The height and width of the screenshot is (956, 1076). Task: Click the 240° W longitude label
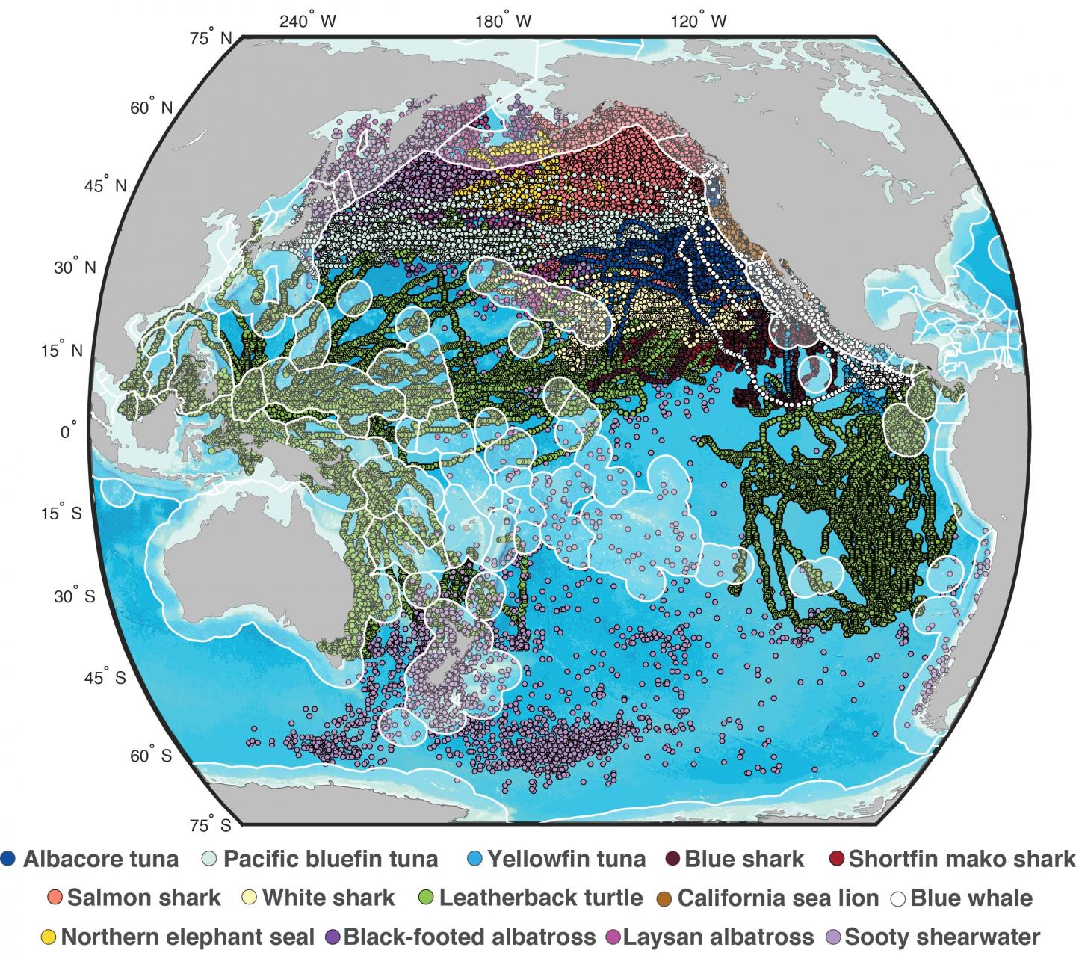click(x=308, y=21)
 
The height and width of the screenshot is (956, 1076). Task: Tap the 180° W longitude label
click(x=503, y=21)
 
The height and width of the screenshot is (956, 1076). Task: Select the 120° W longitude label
click(x=698, y=21)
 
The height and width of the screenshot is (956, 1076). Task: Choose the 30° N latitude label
click(x=75, y=268)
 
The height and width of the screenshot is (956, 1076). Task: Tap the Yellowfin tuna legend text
click(x=566, y=858)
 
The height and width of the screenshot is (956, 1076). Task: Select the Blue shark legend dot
click(x=672, y=858)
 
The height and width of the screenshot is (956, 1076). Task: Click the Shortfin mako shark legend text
click(x=962, y=858)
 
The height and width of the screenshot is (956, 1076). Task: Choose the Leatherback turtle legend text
click(x=540, y=897)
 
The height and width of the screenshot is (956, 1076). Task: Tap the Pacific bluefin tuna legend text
click(x=331, y=858)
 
